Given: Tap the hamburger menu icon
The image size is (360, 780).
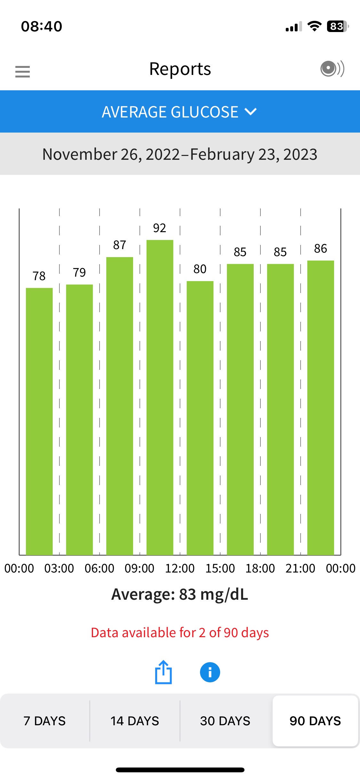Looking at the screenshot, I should pos(22,71).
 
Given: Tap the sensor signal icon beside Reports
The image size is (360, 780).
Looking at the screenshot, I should pos(332,69).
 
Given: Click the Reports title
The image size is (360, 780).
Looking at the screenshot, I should pos(180,69).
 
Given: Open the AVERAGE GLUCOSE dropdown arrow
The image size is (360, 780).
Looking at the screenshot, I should pos(250,111).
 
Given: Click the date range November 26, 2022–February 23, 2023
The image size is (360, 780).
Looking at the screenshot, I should pos(180,154).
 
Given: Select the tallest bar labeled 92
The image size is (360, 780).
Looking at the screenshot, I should pos(160,397).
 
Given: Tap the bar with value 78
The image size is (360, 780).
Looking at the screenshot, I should pos(39,421).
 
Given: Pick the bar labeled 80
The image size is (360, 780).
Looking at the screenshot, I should pos(200,418).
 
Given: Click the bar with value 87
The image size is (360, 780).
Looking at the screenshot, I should pos(120,406).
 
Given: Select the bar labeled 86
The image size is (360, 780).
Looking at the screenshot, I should pos(321,407).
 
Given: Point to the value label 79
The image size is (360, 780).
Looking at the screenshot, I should pos(79,272).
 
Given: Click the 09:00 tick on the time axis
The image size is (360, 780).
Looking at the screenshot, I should pos(140,568).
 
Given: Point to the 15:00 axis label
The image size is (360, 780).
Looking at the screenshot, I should pos(220,568).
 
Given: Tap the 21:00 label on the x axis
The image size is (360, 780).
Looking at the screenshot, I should pos(300,568).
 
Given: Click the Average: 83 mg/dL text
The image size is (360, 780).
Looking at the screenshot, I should pos(180,594).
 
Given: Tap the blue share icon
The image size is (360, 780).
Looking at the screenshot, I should pos(164,672).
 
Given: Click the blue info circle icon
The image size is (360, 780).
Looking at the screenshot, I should pos(210,672).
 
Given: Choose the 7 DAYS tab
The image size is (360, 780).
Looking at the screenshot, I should pos(45,721).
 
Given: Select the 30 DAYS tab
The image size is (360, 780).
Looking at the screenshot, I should pos(225,721).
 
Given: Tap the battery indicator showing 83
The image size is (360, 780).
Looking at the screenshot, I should pos(337,26).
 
